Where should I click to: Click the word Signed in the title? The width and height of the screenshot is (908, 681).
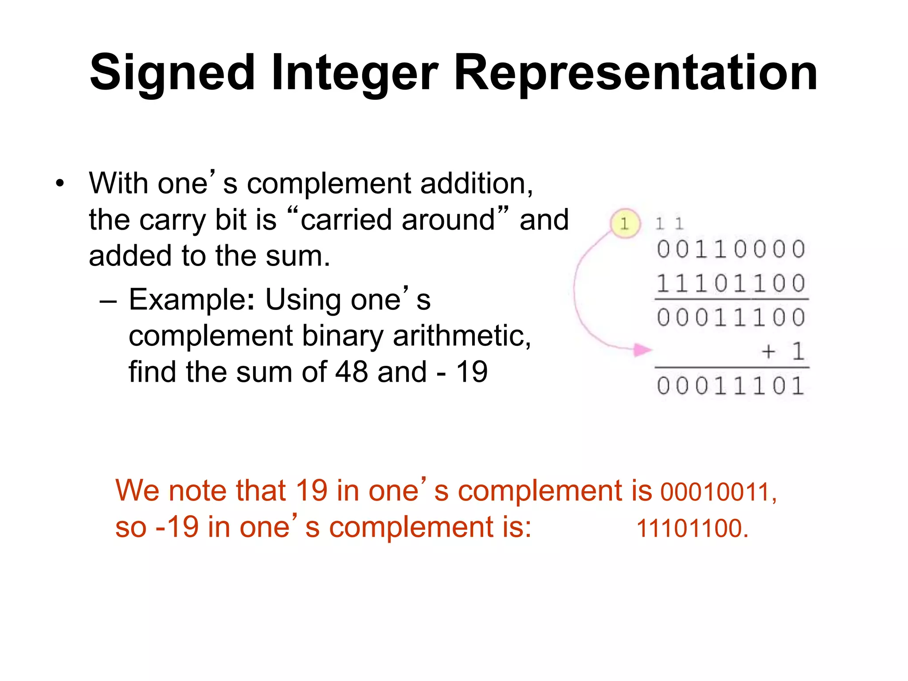tap(172, 73)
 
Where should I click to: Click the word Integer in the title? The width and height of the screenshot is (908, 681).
tap(355, 73)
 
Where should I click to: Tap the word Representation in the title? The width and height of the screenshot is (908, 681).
tap(635, 73)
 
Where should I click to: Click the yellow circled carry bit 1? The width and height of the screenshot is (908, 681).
tap(625, 223)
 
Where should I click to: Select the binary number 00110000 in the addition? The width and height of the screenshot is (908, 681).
tap(731, 249)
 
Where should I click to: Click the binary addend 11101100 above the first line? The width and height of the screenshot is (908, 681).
tap(731, 284)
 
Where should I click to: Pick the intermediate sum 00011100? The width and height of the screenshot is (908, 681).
tap(731, 318)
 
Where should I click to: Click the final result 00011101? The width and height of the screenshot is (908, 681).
tap(731, 386)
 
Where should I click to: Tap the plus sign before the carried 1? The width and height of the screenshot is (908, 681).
tap(768, 352)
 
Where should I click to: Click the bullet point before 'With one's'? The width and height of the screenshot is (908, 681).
tap(60, 183)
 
